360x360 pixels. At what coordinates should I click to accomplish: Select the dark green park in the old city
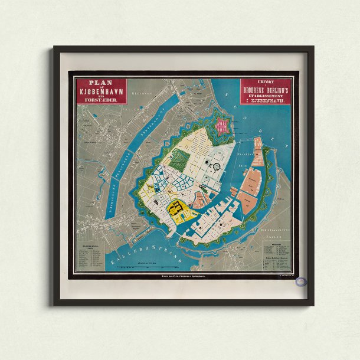(x=182, y=159)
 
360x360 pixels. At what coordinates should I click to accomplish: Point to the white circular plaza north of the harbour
(x=217, y=166)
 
